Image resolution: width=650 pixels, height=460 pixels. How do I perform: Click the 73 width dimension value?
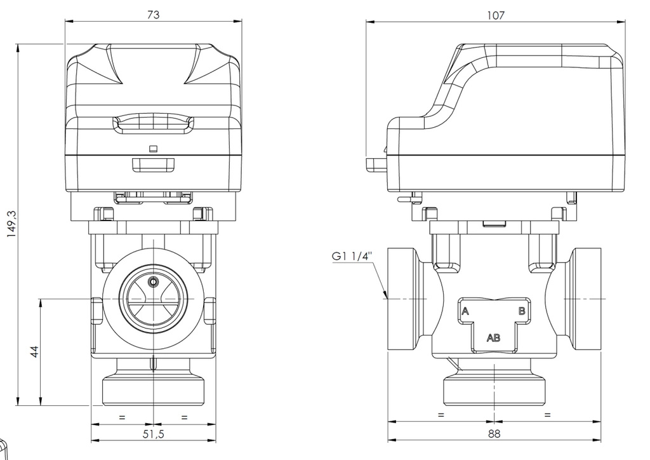(x=153, y=15)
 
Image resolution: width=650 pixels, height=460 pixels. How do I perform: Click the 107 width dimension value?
(x=496, y=15)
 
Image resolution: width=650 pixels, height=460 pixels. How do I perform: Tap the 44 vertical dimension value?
(x=35, y=351)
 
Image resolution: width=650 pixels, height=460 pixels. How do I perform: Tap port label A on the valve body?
(x=465, y=311)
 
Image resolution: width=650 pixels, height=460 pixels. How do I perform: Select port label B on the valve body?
(x=522, y=311)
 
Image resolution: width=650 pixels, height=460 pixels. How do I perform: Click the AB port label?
(x=493, y=337)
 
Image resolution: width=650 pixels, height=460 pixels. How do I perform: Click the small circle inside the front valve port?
(x=152, y=281)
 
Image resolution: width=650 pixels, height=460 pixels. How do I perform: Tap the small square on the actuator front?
(x=152, y=149)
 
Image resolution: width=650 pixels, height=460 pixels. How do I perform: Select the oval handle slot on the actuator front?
(x=153, y=125)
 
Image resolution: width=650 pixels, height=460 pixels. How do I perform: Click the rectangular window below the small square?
(x=153, y=165)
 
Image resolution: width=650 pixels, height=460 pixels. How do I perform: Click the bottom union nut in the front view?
(x=153, y=390)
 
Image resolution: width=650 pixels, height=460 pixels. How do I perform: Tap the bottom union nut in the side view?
(x=494, y=390)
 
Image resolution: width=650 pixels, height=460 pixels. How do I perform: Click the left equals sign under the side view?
(x=441, y=415)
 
